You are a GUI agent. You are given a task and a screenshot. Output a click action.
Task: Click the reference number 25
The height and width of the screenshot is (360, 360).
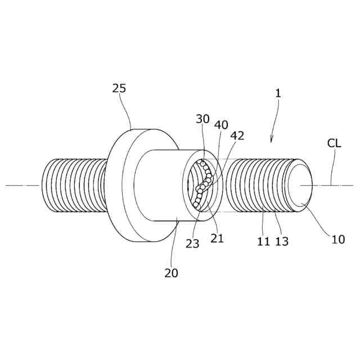pos(119,88)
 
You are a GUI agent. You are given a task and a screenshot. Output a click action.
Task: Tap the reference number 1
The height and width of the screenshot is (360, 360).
pos(277,93)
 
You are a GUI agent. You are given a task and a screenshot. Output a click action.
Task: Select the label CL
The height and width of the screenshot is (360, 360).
pos(334,143)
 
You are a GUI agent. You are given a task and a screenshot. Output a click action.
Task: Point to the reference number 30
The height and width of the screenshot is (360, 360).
pos(202,119)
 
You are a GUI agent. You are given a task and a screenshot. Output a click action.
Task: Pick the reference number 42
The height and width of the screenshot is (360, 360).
pos(237,136)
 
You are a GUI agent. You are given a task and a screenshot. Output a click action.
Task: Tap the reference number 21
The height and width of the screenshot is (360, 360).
pos(217,238)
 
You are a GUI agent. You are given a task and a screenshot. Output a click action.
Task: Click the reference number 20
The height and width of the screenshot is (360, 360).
pos(171,273)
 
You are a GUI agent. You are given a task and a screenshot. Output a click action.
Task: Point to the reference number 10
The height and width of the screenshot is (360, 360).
pos(338,239)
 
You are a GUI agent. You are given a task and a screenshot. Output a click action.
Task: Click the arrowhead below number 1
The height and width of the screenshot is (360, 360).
pos(272,139)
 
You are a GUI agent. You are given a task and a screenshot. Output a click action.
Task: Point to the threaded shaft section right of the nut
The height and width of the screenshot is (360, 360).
pos(259,186)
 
